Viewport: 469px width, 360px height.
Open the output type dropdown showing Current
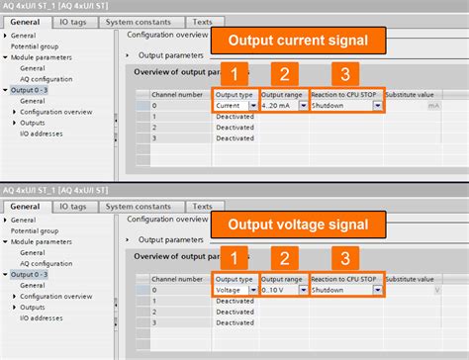(x=234, y=105)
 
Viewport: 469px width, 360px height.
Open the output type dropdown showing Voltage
(x=234, y=290)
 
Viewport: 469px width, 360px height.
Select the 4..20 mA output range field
(x=283, y=105)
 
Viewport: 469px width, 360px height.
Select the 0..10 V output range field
(x=283, y=290)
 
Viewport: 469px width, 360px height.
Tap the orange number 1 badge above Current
(x=234, y=74)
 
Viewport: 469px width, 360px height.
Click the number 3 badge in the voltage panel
(x=344, y=258)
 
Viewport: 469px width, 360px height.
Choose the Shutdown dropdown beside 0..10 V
(x=345, y=290)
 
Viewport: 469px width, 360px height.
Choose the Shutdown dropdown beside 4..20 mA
(x=345, y=105)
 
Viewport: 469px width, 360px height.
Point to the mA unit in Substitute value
(x=434, y=105)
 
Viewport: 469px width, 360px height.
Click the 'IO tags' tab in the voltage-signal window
(x=77, y=206)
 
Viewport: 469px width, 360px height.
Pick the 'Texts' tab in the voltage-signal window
(x=202, y=206)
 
